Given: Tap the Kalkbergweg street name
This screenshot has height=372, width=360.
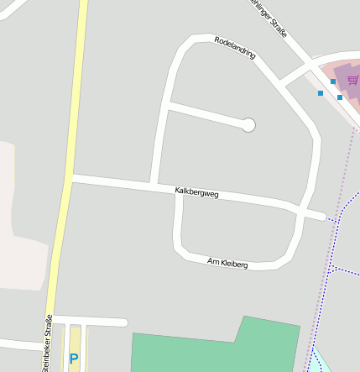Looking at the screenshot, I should point(196,192).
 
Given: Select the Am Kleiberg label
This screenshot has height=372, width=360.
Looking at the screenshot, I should point(227,264).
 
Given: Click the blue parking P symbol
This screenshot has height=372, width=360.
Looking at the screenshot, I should point(74,359).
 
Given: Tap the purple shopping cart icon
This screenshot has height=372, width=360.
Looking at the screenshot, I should point(352,80).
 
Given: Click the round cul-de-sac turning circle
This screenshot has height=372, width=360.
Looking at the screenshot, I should point(248,125).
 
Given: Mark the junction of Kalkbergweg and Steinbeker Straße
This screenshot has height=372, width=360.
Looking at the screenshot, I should point(68,178).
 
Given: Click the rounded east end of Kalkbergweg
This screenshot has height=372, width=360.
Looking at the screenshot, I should point(321,216).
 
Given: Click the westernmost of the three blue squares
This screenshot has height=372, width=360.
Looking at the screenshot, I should point(320,92).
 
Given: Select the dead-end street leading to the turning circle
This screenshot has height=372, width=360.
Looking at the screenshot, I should point(206,115).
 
